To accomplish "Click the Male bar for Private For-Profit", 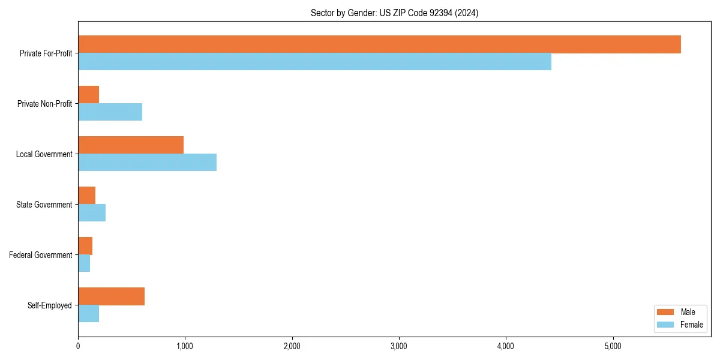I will [379, 44].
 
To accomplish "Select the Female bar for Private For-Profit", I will [314, 62].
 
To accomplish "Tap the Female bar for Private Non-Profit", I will [110, 112].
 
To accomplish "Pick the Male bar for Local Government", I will [131, 145].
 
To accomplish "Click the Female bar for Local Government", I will [147, 163].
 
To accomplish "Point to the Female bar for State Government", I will [92, 213].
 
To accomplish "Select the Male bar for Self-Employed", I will [111, 296].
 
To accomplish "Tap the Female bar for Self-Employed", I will [88, 314].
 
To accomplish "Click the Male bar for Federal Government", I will [85, 246].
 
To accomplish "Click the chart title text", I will [394, 13].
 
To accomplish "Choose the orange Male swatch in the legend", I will [666, 312].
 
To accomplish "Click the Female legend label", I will [691, 325].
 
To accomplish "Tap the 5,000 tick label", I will [613, 346].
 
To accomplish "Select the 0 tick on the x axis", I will [78, 346].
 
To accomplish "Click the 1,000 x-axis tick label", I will [185, 346].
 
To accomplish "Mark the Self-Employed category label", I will [50, 305].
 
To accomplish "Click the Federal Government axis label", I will [41, 255].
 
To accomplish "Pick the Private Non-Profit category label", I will [44, 104].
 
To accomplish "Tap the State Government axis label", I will [44, 205].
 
